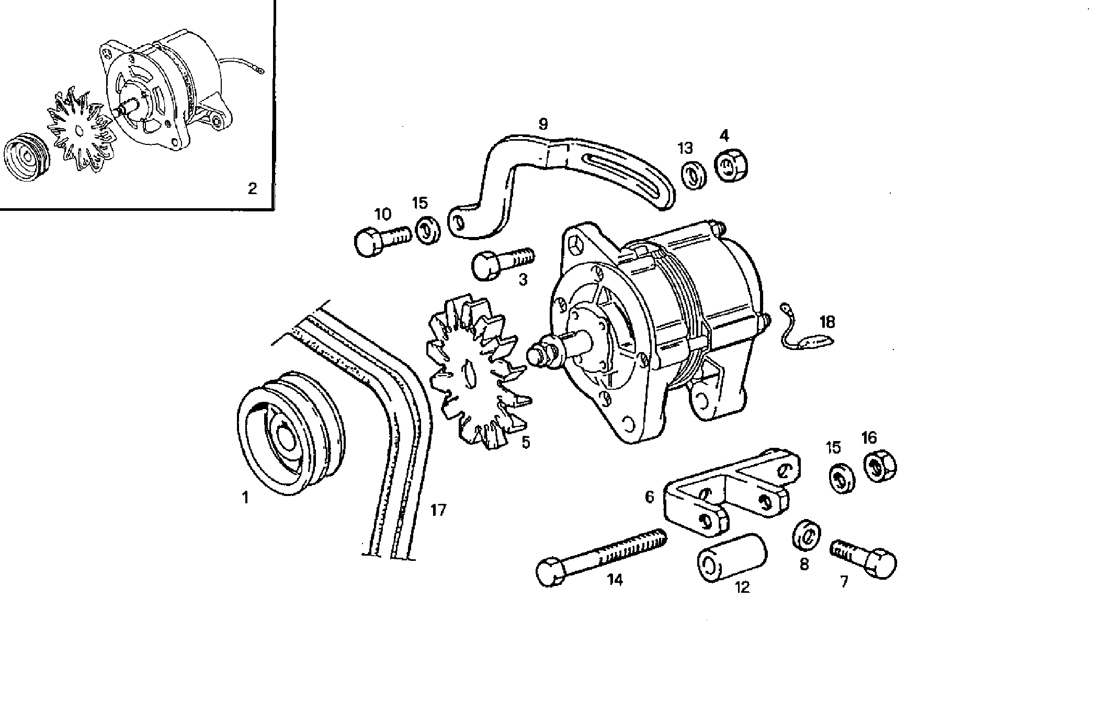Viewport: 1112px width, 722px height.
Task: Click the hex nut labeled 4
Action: pos(731,166)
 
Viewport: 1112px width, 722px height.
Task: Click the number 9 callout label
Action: pos(543,124)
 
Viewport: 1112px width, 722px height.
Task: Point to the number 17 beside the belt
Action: pos(438,510)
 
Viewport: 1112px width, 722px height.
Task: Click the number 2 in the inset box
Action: pos(252,188)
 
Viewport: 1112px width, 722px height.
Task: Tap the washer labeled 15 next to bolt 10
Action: pos(428,229)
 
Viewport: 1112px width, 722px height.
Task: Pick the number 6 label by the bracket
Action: pos(649,497)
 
